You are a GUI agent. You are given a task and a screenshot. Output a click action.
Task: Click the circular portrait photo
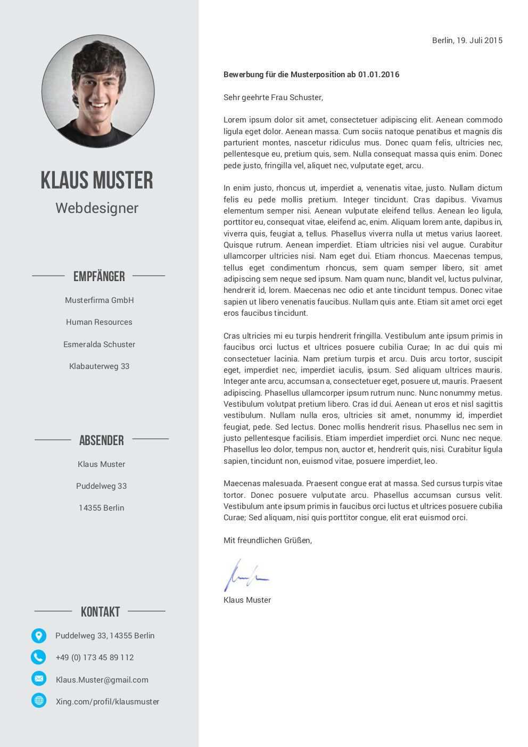[x=98, y=91]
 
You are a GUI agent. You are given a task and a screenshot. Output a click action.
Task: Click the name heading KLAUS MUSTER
[x=97, y=180]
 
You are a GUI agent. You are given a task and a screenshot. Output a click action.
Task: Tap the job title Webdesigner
[x=97, y=208]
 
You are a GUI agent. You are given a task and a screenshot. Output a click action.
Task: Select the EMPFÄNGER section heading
[x=99, y=276]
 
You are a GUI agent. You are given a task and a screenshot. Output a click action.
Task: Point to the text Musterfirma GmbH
[x=100, y=300]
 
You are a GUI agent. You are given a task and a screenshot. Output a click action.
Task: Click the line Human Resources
[x=99, y=322]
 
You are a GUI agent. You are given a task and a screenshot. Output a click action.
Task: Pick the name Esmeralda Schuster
[x=99, y=344]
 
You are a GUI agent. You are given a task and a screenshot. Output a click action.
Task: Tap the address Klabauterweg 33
[x=99, y=366]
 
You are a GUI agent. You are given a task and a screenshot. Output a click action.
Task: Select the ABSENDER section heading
[x=101, y=440]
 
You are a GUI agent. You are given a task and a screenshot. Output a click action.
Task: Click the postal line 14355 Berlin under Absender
[x=101, y=508]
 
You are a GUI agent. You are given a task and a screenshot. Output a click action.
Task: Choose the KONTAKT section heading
[x=100, y=612]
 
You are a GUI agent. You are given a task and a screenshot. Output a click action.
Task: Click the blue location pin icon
[x=39, y=635]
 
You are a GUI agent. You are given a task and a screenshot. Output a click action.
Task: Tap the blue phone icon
[x=39, y=657]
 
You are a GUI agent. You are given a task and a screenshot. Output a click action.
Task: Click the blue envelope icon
[x=39, y=679]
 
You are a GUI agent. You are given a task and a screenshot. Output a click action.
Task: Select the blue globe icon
[x=39, y=701]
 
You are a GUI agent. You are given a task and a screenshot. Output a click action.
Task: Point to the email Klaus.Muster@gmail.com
[x=102, y=680]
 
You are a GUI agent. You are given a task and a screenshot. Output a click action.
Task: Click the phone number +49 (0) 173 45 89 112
[x=95, y=658]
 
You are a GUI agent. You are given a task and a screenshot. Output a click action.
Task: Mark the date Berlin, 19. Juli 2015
[x=467, y=40]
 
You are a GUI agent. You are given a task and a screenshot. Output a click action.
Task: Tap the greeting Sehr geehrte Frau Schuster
[x=273, y=97]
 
